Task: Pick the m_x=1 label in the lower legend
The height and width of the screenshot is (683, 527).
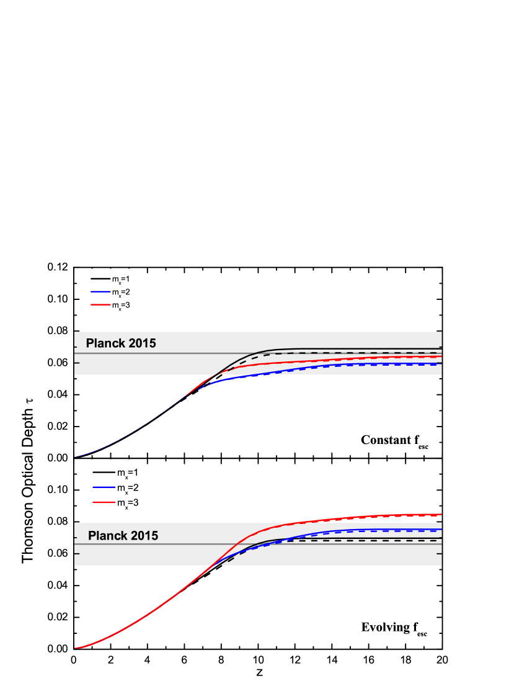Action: [127, 473]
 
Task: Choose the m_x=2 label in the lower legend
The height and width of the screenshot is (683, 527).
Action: [127, 488]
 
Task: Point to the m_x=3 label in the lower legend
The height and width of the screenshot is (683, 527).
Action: [127, 504]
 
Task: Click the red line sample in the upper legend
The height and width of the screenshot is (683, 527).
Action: [99, 305]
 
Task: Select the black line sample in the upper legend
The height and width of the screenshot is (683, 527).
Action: [99, 278]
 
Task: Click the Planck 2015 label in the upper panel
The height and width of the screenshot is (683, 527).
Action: [121, 343]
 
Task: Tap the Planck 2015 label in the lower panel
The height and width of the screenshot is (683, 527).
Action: [123, 536]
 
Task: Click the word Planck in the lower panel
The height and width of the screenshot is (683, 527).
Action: [107, 536]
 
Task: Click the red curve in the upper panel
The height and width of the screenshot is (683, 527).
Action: [372, 359]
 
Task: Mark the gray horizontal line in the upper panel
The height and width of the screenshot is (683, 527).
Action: [155, 353]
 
